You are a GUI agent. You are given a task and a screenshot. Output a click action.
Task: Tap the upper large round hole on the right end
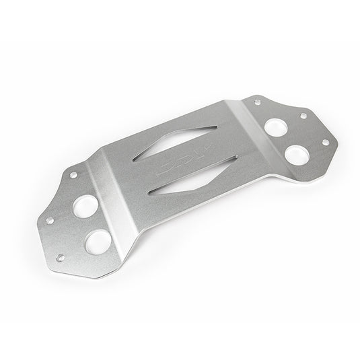coord(276,126)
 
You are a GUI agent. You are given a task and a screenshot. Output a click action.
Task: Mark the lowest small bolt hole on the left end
coord(61,256)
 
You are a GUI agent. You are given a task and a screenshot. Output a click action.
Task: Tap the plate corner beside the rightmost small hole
coord(334,140)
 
